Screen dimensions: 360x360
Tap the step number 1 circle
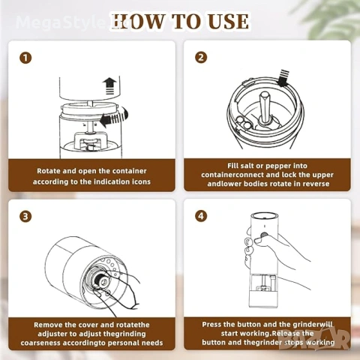[25, 58]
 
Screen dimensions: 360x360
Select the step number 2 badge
[201, 58]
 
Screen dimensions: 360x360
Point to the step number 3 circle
[25, 216]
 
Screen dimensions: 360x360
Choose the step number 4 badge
[201, 216]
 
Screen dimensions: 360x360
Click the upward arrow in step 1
[109, 86]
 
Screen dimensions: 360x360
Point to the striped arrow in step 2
[283, 78]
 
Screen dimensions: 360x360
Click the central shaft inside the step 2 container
[265, 107]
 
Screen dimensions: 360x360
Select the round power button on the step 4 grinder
[264, 235]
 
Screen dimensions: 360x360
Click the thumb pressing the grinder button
[260, 241]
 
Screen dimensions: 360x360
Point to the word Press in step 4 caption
[211, 325]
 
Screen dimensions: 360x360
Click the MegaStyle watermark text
[58, 22]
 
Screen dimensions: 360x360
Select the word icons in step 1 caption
[141, 181]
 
